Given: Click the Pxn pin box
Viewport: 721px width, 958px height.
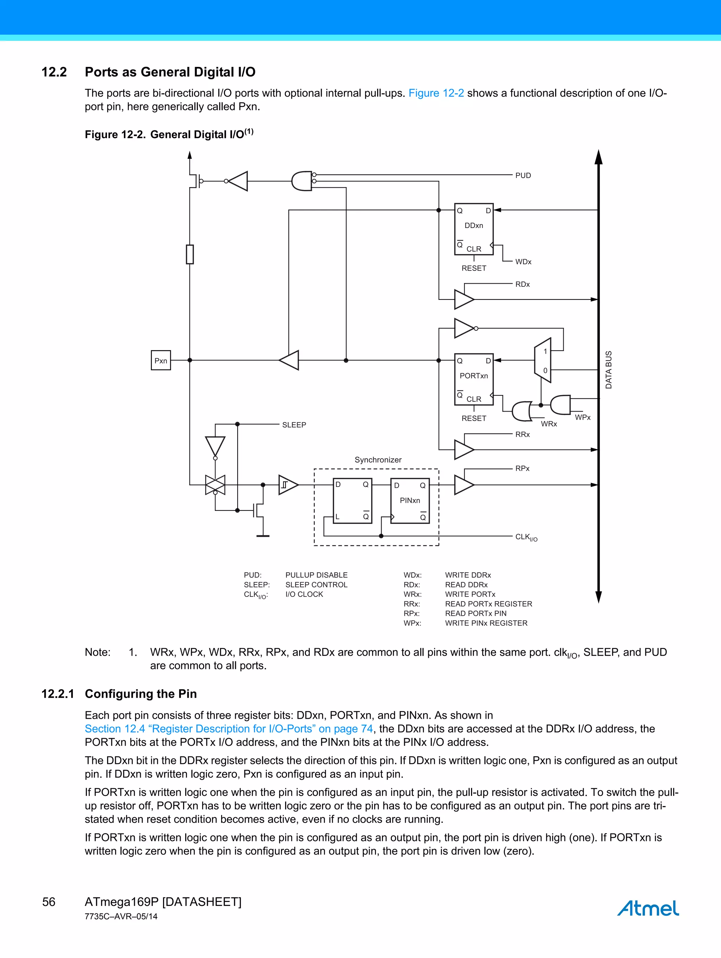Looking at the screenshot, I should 161,360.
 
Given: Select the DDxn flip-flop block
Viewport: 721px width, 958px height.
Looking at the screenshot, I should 474,229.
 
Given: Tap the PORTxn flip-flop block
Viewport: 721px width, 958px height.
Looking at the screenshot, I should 474,379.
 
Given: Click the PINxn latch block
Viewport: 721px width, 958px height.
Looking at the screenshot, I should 409,501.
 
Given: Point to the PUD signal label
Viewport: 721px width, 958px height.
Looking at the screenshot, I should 523,175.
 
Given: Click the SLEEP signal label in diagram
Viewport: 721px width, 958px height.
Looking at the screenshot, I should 294,425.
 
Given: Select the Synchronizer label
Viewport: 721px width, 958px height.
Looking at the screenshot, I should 378,459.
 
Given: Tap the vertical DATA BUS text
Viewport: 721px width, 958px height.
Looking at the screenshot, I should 608,370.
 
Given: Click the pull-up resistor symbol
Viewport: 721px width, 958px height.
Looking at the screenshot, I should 189,254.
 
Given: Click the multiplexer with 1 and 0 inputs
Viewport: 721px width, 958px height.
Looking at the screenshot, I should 543,360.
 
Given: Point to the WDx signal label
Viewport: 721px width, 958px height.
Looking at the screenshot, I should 523,261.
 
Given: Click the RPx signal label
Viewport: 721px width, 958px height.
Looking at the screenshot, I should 522,468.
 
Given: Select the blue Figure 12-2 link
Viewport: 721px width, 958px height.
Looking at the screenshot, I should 436,93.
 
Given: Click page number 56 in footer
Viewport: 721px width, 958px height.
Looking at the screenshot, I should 49,902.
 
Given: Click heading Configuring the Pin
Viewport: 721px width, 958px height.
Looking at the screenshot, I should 141,694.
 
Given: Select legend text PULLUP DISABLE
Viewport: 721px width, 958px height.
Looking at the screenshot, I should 316,575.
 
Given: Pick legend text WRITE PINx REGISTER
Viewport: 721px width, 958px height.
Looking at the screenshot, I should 486,623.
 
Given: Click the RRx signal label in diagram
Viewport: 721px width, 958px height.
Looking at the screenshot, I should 522,434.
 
